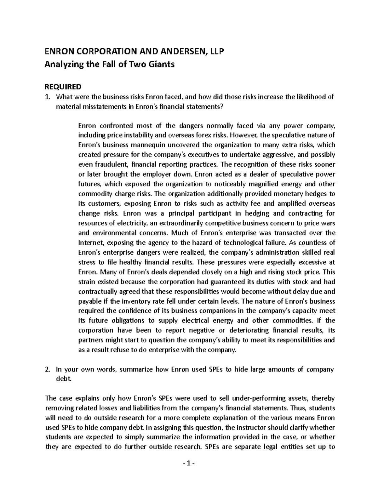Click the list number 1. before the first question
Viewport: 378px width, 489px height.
click(48, 97)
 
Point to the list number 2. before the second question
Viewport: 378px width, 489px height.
click(48, 369)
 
